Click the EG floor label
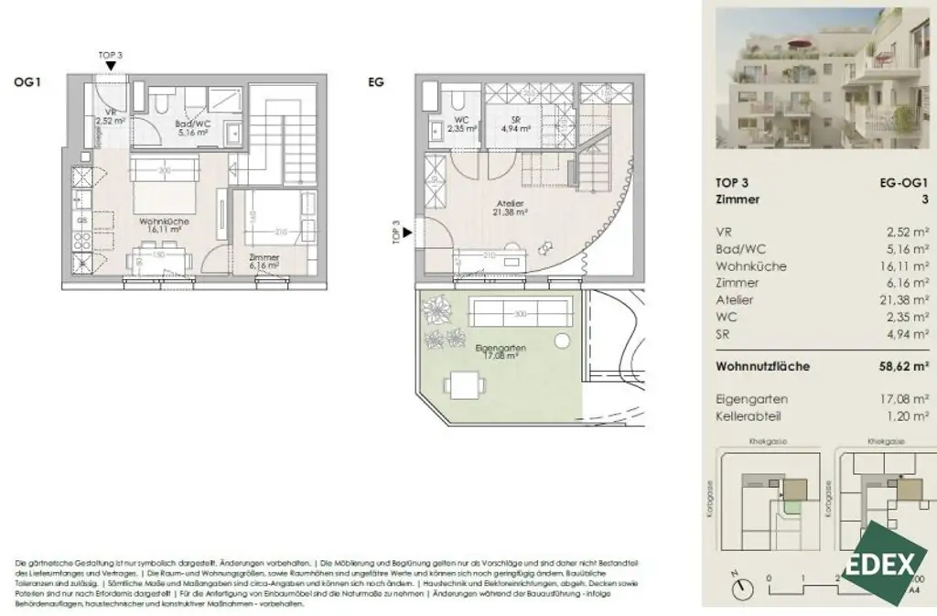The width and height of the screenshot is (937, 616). point(375,82)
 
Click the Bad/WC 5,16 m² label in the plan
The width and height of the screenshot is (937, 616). point(193,128)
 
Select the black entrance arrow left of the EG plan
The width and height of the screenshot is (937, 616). point(408,233)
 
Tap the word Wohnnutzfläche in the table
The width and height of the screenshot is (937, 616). point(763,366)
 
